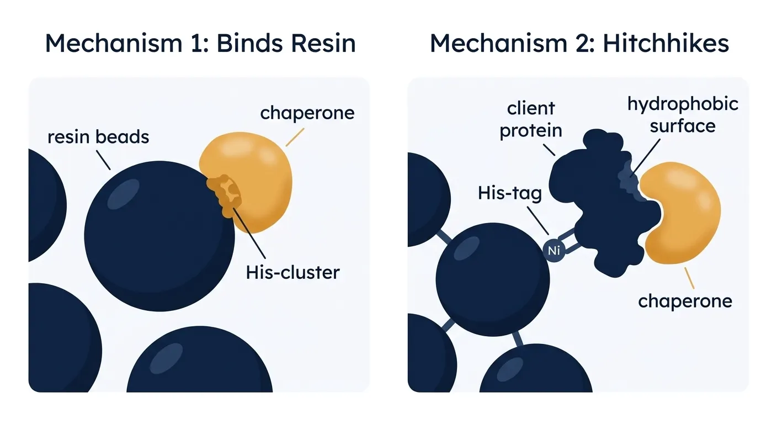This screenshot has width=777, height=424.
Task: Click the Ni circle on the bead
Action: [554, 250]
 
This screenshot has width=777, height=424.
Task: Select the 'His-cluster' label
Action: [292, 272]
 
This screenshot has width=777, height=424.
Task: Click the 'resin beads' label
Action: [98, 137]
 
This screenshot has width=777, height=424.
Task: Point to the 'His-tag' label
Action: [509, 193]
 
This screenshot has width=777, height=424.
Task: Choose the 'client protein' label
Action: [531, 119]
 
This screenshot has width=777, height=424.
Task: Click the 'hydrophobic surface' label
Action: [683, 115]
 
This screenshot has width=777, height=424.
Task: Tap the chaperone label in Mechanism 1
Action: [307, 113]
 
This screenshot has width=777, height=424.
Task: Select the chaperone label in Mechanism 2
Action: [685, 301]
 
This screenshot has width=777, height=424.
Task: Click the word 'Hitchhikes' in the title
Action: [666, 44]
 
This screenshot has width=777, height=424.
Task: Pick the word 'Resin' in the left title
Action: [323, 44]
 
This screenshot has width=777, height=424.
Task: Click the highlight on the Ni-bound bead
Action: [466, 248]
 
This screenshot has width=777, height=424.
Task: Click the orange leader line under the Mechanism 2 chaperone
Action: [689, 278]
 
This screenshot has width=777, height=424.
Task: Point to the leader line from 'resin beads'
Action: [103, 160]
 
